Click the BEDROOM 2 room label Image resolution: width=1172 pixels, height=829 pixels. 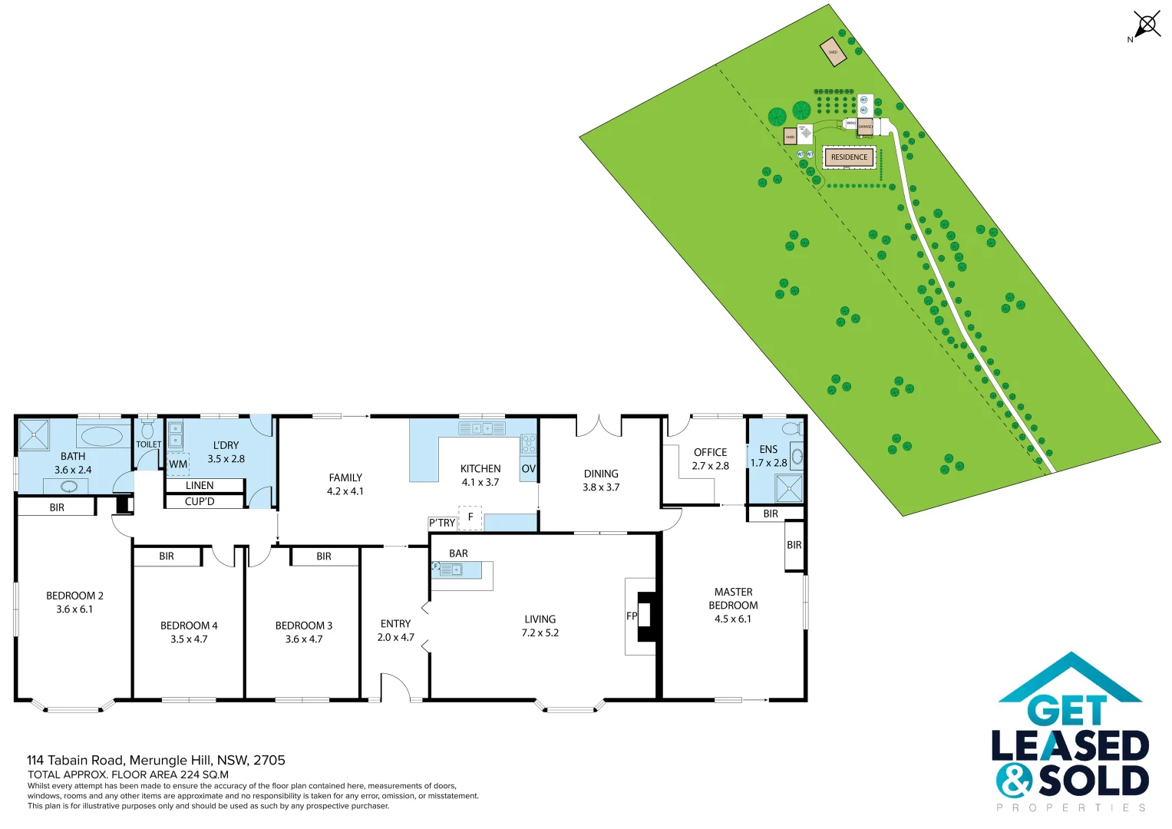coord(74,596)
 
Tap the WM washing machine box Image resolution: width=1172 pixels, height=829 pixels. coord(178,464)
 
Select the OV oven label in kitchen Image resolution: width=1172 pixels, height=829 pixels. coord(528,469)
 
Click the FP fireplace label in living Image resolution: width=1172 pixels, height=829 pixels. coord(632,616)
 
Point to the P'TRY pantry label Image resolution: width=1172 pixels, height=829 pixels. coord(442,523)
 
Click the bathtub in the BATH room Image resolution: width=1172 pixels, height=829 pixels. coord(102,437)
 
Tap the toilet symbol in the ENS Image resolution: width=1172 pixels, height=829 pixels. coord(791,428)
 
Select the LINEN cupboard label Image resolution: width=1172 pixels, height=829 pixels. coord(200,485)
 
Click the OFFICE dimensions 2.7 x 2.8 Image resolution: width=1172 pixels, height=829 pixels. coord(710,466)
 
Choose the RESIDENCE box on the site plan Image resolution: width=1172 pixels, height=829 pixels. coord(849,157)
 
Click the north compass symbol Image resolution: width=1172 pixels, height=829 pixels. coord(1147,25)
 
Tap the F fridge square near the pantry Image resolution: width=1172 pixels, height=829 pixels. coord(470,517)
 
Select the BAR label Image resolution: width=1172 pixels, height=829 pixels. coord(458,553)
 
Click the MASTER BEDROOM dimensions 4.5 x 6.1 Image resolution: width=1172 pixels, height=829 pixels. coord(733,619)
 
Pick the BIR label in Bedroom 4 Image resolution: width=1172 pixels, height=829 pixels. coord(167,557)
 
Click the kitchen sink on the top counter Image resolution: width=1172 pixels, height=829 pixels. coord(481,428)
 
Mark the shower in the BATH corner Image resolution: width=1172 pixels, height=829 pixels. coord(33,434)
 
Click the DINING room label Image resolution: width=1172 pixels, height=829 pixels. coord(601,474)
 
